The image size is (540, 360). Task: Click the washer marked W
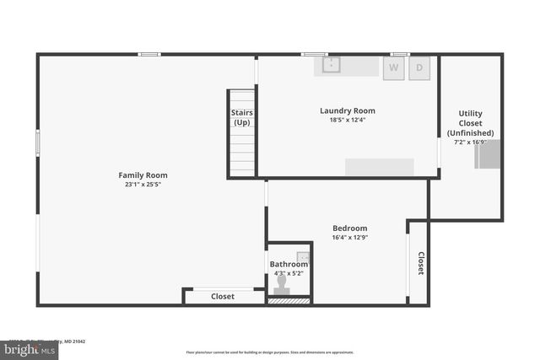click(394, 68)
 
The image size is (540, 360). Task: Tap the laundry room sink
click(332, 65)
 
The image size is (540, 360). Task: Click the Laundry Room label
click(347, 110)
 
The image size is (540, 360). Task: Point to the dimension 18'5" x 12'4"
click(347, 120)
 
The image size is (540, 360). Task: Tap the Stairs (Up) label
click(242, 118)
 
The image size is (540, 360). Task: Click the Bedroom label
click(349, 228)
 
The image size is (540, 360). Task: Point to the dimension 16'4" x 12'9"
click(349, 238)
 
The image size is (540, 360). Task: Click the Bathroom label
click(289, 264)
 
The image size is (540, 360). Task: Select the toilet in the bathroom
click(282, 284)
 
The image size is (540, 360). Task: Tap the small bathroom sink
click(304, 256)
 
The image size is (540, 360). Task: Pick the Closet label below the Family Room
click(223, 297)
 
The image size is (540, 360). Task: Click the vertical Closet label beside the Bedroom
click(420, 263)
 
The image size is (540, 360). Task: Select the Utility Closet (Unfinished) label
click(470, 123)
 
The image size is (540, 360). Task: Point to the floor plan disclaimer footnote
click(270, 352)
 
